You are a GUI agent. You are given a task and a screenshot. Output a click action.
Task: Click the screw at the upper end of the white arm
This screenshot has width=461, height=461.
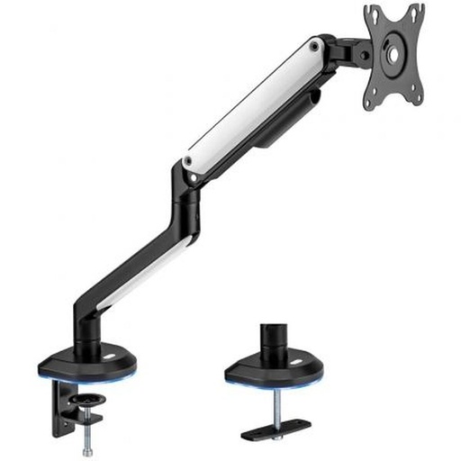click(x=314, y=43)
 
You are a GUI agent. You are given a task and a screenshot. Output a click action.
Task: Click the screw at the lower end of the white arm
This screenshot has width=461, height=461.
click(x=187, y=163)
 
